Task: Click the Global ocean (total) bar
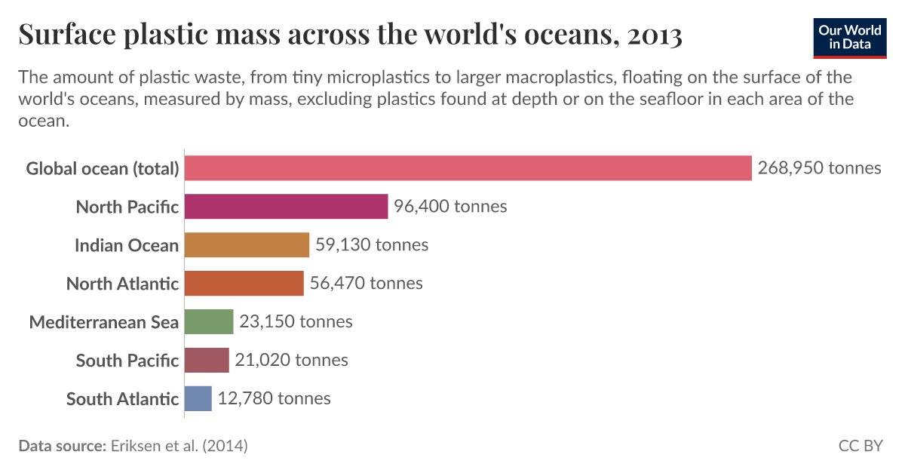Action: pos(468,167)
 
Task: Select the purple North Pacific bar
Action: pos(286,206)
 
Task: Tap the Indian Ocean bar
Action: pos(247,244)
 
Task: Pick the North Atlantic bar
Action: pos(244,283)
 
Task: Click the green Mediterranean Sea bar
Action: pos(209,321)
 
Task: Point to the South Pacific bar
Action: pos(206,360)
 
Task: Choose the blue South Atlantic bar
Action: pos(198,398)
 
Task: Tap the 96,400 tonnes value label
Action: pos(450,206)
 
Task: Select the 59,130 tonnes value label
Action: pos(372,244)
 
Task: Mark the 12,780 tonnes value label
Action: pos(274,398)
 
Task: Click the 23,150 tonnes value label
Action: pos(296,321)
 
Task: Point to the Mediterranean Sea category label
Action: pos(104,322)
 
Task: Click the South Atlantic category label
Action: pos(122,399)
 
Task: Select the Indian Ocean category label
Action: pos(127,245)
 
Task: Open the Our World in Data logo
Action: pos(849,37)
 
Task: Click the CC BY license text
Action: pos(860,446)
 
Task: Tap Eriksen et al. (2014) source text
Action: pos(179,446)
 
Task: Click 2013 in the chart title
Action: pos(654,35)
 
